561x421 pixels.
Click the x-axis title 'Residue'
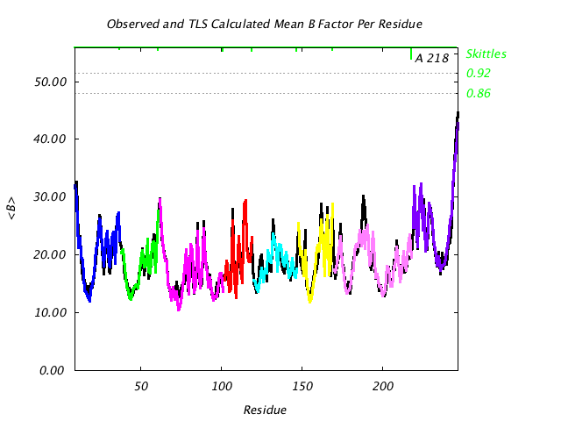pos(265,410)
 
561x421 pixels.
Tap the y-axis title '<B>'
pos(13,209)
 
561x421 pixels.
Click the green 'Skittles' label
pos(486,54)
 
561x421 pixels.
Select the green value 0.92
pos(479,74)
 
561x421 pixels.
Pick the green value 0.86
pos(479,94)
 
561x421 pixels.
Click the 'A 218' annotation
pos(431,59)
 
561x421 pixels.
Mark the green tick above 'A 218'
pos(411,54)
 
